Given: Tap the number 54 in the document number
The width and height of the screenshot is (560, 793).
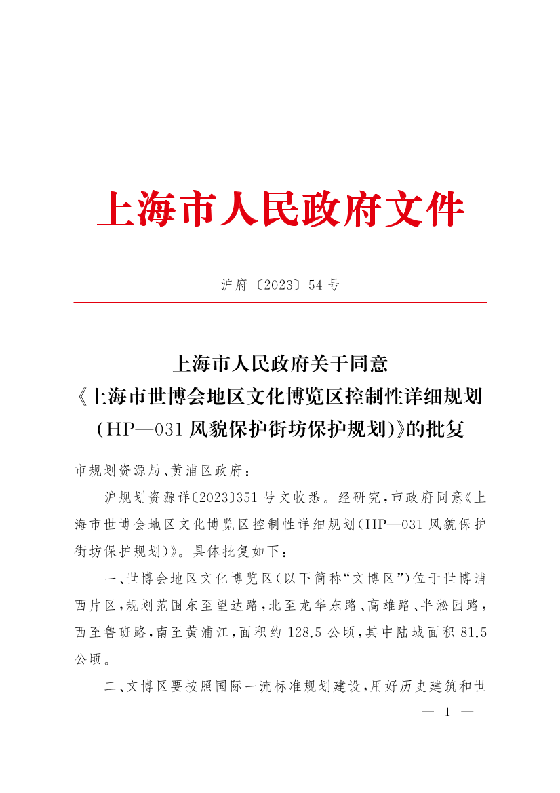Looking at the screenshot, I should click(x=315, y=286).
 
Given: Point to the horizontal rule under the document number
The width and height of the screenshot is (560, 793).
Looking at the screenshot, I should click(x=280, y=302).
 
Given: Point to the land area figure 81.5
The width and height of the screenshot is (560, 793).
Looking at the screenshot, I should click(x=473, y=632).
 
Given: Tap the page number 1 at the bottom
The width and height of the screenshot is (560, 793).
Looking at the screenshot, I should click(x=447, y=712).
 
